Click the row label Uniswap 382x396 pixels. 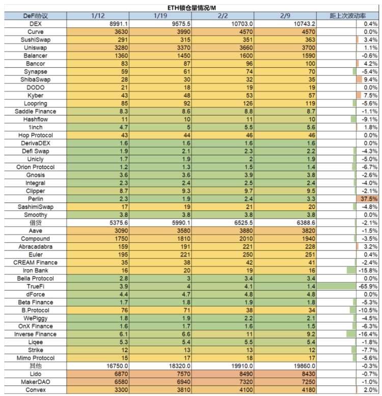pyautogui.click(x=35, y=48)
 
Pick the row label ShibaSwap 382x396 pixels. pyautogui.click(x=35, y=79)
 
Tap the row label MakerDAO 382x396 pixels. pyautogui.click(x=35, y=382)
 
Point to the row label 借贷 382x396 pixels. pyautogui.click(x=35, y=223)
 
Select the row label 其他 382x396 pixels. pyautogui.click(x=35, y=366)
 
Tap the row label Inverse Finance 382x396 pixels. pyautogui.click(x=35, y=334)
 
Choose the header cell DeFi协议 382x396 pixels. pyautogui.click(x=35, y=16)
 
